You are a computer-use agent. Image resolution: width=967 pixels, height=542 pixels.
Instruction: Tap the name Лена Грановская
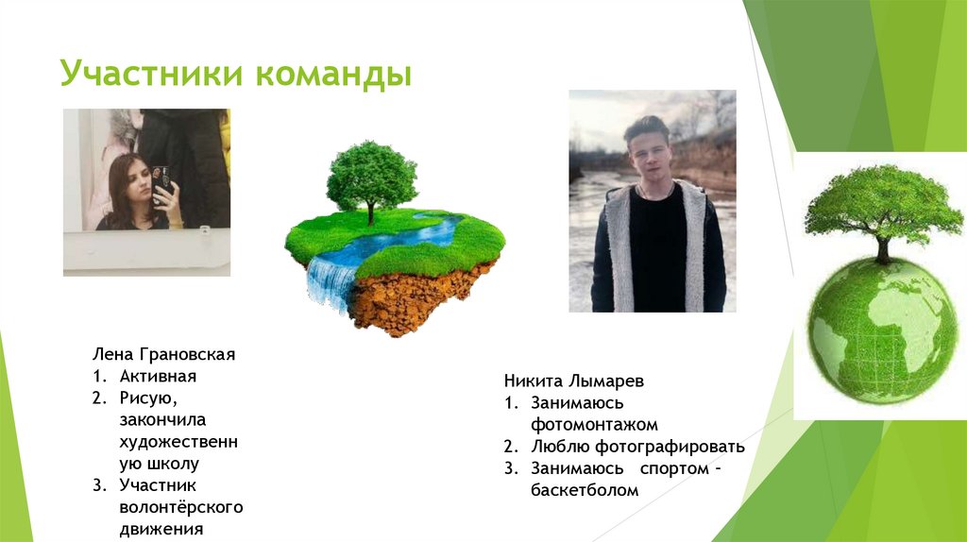click(162, 355)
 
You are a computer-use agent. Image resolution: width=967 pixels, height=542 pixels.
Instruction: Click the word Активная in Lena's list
click(158, 377)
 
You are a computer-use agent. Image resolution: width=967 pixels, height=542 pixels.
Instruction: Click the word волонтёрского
click(181, 507)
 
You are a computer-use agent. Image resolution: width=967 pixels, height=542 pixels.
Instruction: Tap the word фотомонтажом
click(593, 425)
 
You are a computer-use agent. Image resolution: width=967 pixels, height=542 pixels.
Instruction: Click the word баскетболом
click(584, 490)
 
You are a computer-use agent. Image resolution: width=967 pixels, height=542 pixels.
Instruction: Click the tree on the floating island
click(371, 176)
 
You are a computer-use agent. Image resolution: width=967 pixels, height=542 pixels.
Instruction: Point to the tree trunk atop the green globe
click(882, 248)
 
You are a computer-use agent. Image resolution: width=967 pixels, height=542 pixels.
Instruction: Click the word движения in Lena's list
click(161, 529)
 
